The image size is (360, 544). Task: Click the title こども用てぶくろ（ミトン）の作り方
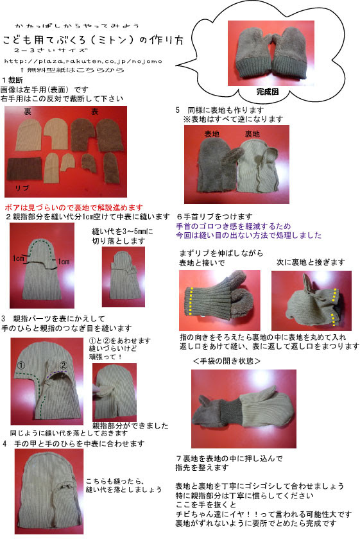pyautogui.click(x=92, y=39)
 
